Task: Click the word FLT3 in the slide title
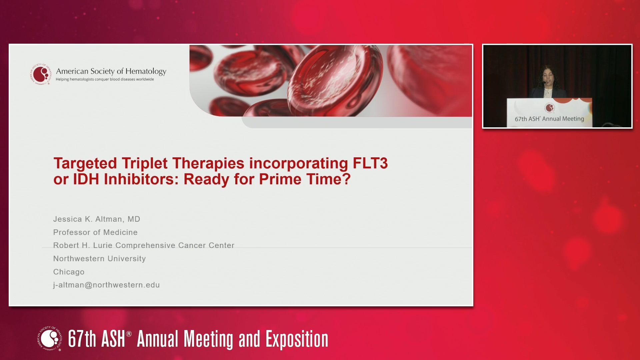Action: point(370,163)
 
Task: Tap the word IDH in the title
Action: point(86,179)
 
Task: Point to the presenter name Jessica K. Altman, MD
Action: point(97,219)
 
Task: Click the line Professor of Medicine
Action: point(95,232)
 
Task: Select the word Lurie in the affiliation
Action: point(103,245)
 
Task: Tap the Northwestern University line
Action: point(100,259)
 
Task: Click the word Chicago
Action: point(69,272)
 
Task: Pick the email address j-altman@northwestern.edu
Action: point(106,285)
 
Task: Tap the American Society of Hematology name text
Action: point(111,71)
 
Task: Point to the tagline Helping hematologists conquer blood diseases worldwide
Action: point(105,79)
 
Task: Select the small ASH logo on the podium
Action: point(550,108)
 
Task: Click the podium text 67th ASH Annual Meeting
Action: point(549,119)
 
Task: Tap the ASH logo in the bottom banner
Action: point(50,339)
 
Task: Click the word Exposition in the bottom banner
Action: point(297,339)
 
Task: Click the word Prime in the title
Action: point(280,179)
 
